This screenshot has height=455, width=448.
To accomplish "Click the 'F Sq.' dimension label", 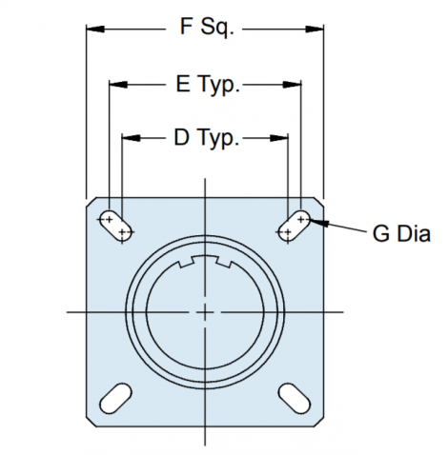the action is coord(207,28).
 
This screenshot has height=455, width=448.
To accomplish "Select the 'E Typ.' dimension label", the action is coord(208,85).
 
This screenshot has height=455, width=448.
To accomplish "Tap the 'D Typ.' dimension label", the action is coord(206,138).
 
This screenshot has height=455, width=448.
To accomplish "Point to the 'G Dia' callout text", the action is coord(401,234).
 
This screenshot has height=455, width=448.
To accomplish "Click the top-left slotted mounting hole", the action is coord(115,226).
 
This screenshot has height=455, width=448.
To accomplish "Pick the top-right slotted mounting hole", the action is coord(295,226).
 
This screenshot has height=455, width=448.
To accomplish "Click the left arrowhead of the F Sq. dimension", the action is coord(95,30).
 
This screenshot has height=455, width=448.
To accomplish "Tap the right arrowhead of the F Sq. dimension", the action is coord(315,30).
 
